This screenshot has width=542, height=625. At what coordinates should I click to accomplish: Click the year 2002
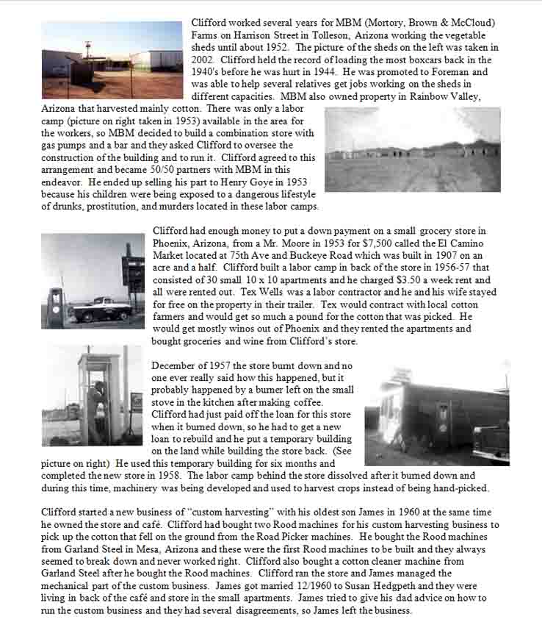[x=203, y=60]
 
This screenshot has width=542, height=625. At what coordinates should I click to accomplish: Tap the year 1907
[x=400, y=256]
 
